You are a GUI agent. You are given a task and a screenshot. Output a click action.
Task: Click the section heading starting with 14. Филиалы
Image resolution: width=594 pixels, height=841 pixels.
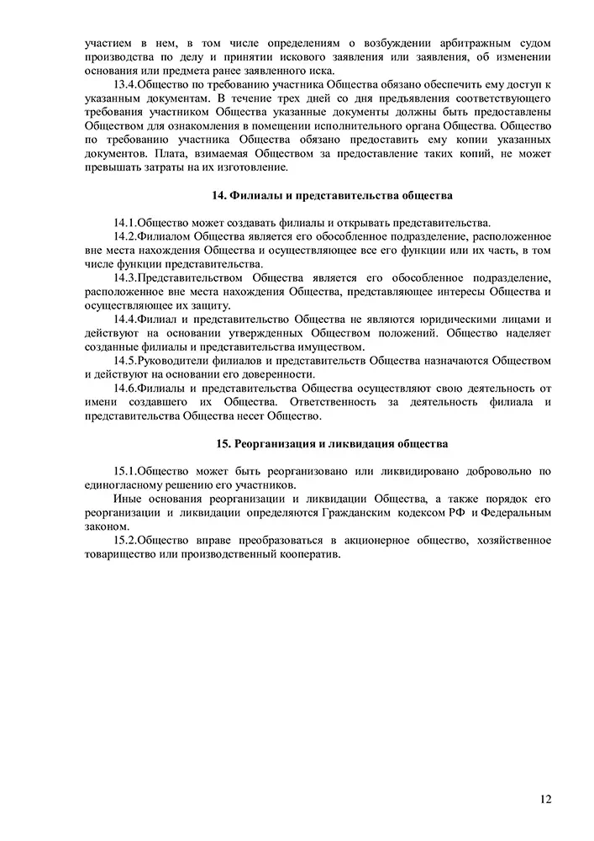(333, 195)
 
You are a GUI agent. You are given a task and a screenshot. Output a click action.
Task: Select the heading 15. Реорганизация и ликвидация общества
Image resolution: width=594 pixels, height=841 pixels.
(332, 442)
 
